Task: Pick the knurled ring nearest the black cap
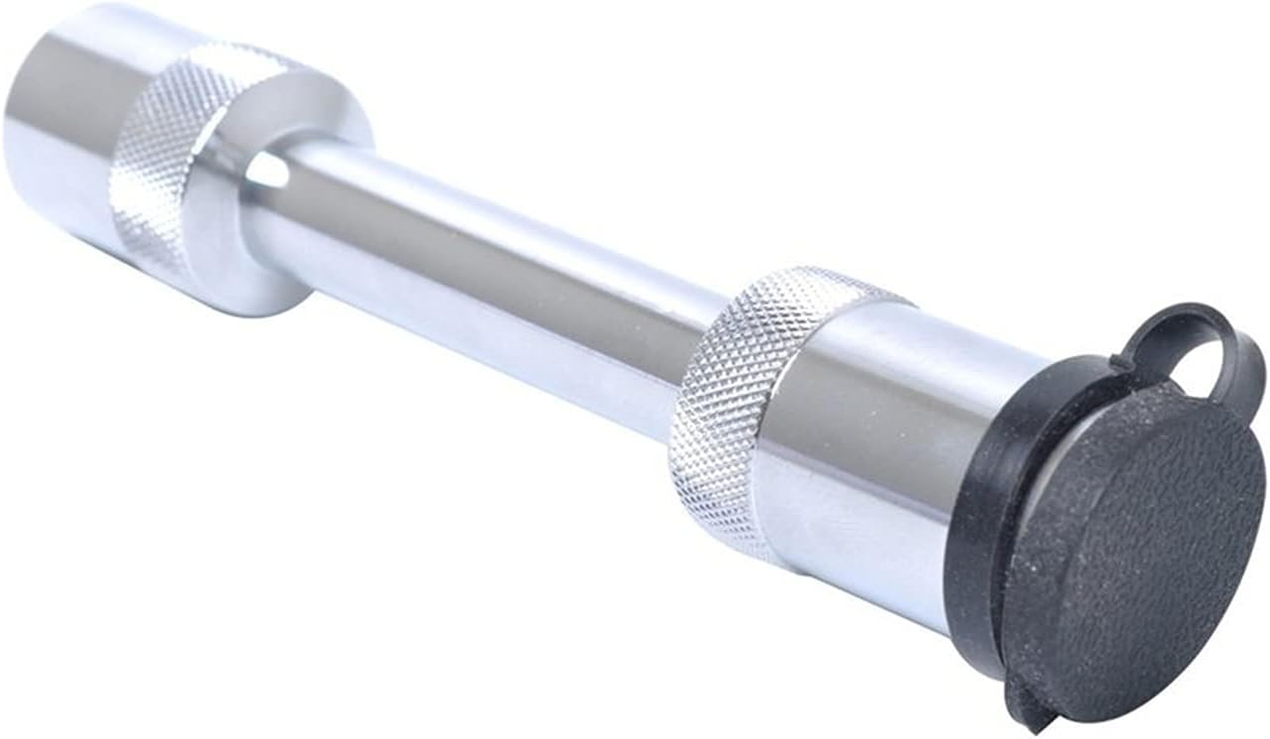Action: (752, 396)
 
